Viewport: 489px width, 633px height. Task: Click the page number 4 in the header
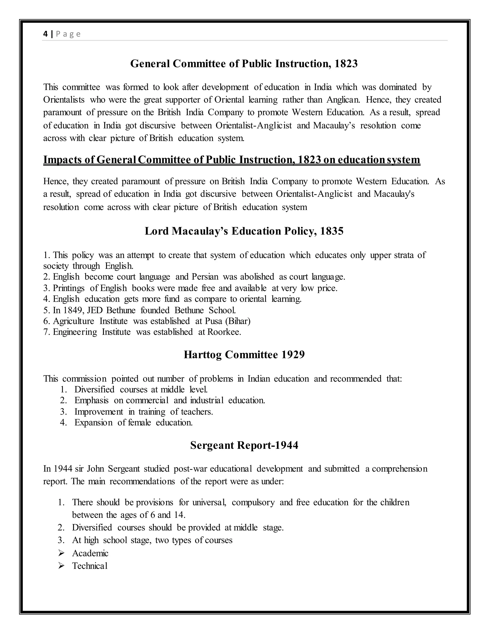coord(45,34)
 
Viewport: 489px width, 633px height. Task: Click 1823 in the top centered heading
coord(346,64)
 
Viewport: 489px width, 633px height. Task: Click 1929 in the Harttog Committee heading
coord(293,354)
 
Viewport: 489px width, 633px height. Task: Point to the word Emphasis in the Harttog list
coord(91,401)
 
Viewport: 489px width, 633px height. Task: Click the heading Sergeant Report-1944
coord(244,445)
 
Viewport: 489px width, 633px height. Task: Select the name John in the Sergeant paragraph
coord(96,469)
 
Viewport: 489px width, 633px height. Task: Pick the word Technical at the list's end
coord(90,566)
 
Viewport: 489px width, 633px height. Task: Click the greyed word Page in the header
coord(68,34)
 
